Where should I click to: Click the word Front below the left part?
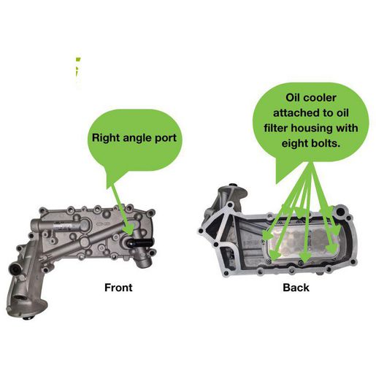click(118, 288)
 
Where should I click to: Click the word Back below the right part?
click(296, 288)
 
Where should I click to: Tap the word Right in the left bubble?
click(106, 138)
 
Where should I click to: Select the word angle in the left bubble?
click(138, 139)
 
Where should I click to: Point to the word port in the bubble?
click(166, 139)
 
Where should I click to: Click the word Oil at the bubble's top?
click(293, 98)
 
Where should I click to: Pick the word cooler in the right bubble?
click(320, 98)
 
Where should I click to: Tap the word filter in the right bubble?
click(276, 128)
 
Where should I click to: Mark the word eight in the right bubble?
click(293, 144)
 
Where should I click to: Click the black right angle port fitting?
click(141, 242)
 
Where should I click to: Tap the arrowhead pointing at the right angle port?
click(129, 229)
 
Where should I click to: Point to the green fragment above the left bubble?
click(77, 68)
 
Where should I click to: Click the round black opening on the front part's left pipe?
click(15, 269)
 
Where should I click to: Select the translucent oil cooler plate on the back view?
click(302, 243)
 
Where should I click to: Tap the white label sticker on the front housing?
click(63, 226)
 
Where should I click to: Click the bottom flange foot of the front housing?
click(27, 310)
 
